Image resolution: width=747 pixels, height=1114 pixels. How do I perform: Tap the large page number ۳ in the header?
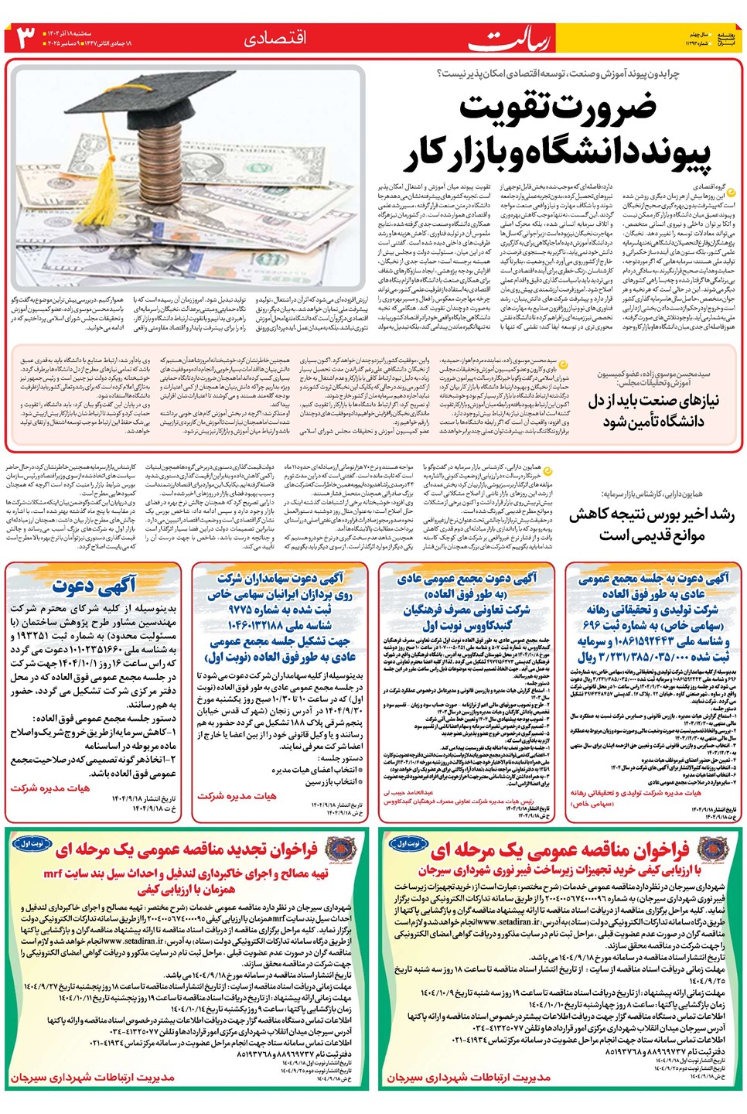tap(26, 37)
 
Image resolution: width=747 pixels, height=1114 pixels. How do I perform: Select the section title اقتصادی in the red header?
tap(275, 38)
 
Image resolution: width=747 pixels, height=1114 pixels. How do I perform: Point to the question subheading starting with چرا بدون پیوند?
tap(557, 73)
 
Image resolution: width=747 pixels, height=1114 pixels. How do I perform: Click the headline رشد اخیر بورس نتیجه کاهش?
tap(651, 515)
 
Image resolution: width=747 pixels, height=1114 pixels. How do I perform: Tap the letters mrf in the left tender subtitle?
tap(53, 873)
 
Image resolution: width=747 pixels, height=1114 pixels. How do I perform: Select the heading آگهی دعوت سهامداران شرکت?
tap(280, 578)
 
